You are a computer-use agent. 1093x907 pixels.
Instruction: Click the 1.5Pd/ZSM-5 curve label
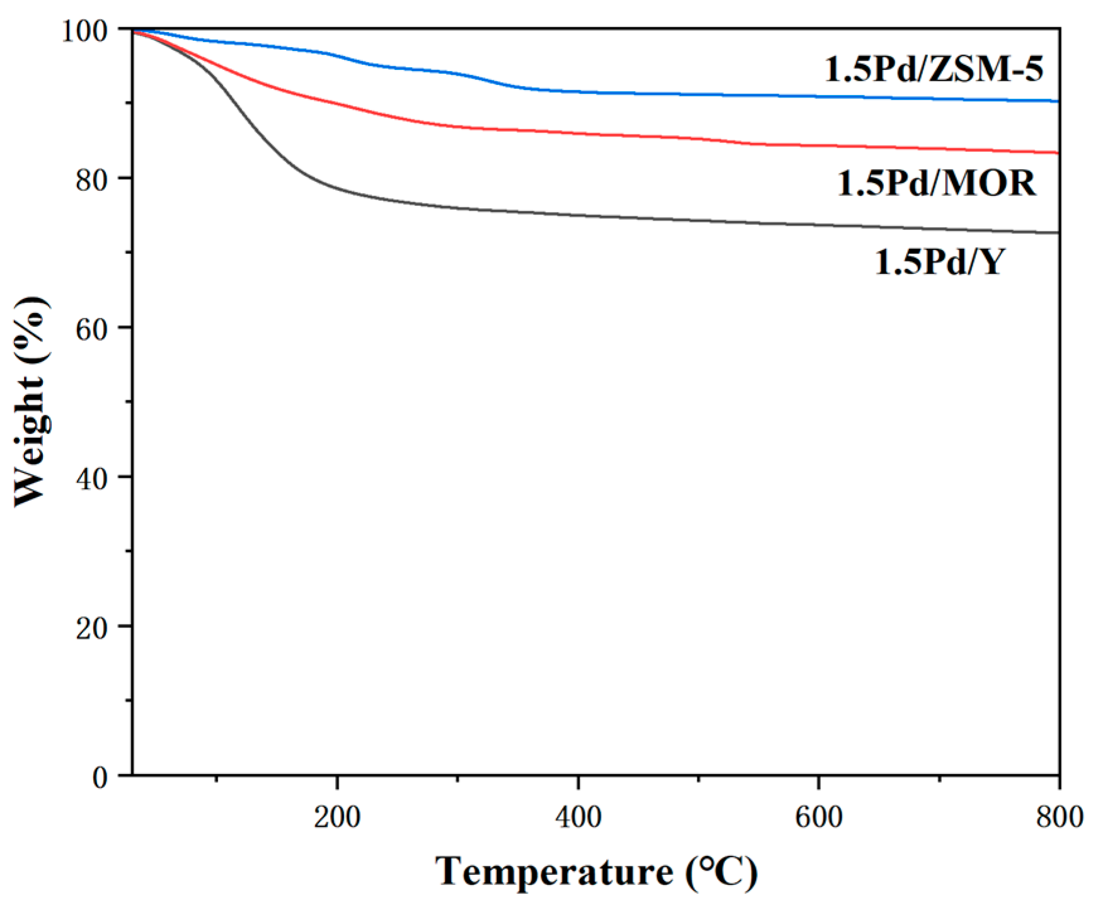pyautogui.click(x=934, y=69)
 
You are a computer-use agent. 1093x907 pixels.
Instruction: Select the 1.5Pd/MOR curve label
pyautogui.click(x=937, y=183)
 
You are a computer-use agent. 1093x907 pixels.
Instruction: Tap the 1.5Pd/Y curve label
pyautogui.click(x=939, y=261)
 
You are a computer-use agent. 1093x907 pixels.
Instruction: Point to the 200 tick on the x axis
pyautogui.click(x=338, y=817)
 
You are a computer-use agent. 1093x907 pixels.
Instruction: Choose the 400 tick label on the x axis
pyautogui.click(x=578, y=817)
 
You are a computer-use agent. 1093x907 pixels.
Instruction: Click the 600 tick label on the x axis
pyautogui.click(x=818, y=817)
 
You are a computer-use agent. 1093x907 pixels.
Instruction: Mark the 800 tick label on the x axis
pyautogui.click(x=1058, y=817)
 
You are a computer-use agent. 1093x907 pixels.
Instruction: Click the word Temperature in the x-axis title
pyautogui.click(x=554, y=872)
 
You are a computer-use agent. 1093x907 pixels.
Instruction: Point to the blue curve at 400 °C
pyautogui.click(x=578, y=92)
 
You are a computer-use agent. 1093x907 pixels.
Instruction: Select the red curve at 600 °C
pyautogui.click(x=818, y=146)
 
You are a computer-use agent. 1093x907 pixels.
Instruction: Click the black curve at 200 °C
pyautogui.click(x=338, y=188)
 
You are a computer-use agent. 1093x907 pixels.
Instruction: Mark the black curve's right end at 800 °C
pyautogui.click(x=1058, y=233)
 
